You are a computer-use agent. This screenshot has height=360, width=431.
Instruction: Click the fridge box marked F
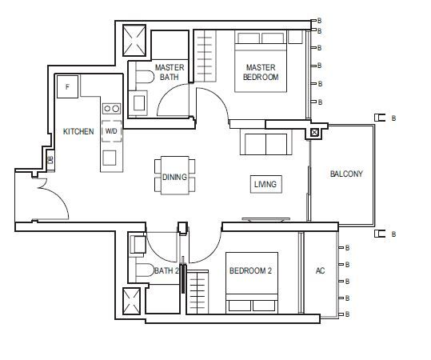pos(68,86)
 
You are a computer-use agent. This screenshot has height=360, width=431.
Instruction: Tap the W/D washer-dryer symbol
pos(111,131)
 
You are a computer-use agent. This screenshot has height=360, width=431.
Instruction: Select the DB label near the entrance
pos(50,160)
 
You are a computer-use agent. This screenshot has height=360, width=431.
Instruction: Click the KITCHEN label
pos(78,131)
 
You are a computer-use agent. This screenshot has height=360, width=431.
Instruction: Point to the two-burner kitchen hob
pos(112,109)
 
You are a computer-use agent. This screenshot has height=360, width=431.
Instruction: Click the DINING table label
pos(174,177)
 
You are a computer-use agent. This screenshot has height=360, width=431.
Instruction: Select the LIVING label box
pos(266,184)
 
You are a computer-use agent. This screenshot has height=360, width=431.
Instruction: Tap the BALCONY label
pos(346,174)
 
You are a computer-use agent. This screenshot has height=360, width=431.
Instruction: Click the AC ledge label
pos(320,271)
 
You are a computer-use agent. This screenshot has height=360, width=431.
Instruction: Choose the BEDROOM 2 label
pos(250,271)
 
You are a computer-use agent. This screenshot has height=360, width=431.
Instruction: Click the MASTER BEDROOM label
pos(261,72)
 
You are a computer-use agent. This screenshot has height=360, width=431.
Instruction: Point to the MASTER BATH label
pos(170,72)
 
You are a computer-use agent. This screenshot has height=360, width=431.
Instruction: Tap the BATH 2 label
pos(166,271)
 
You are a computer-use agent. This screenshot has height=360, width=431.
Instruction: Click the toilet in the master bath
pos(145,77)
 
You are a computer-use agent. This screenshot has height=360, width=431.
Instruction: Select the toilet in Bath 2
pos(145,270)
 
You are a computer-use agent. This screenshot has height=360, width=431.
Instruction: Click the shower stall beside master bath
pos(134,41)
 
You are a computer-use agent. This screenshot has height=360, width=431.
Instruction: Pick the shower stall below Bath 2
pos(131,302)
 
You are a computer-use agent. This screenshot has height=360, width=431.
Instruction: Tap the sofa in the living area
pos(265,142)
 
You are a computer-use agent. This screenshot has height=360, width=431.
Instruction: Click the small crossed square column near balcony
pos(314,133)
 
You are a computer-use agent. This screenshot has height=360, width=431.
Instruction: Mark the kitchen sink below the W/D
pos(110,158)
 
